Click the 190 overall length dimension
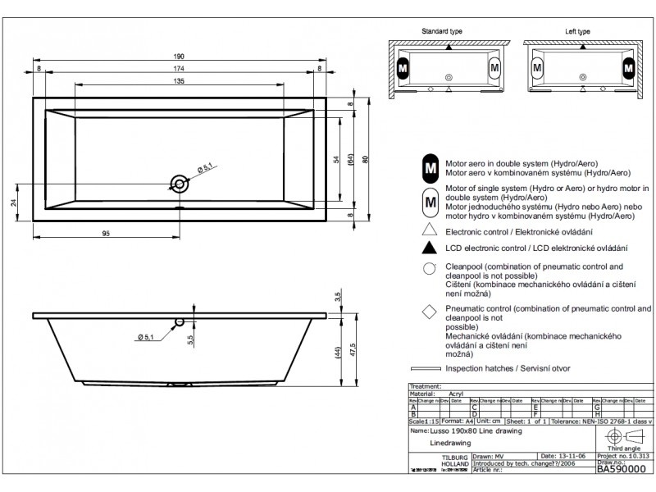point(179,57)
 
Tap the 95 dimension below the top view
point(107,233)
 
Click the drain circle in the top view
point(178,183)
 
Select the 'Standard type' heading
point(442,30)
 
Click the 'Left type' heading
point(577,30)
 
